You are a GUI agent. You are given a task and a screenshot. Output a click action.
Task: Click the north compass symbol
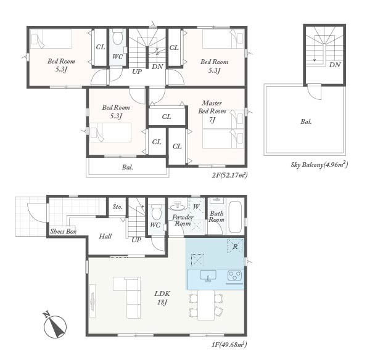(55, 325)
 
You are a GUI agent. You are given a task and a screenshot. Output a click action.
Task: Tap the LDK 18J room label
(162, 298)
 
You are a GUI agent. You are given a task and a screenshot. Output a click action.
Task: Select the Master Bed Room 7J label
(212, 112)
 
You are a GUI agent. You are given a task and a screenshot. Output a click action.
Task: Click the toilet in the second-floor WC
(118, 37)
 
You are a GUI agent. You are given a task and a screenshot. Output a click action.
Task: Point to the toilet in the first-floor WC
(157, 212)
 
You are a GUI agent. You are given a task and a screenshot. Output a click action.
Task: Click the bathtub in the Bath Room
(235, 217)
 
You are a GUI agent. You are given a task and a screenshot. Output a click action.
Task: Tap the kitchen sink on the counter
(208, 276)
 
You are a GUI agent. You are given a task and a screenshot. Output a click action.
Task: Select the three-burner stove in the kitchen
(235, 276)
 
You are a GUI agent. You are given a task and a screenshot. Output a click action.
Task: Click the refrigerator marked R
(236, 246)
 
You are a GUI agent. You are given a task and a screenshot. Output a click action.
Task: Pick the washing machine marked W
(196, 207)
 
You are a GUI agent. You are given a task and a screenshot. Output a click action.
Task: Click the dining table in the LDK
(206, 305)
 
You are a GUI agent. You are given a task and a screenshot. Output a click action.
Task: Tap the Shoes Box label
(63, 231)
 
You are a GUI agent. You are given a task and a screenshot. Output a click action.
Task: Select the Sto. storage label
(117, 207)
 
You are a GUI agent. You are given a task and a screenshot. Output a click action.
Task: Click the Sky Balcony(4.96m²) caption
(320, 165)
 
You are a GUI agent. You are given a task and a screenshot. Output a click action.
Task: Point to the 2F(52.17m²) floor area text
(229, 175)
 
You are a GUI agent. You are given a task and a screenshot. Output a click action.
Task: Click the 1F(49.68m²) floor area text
(229, 345)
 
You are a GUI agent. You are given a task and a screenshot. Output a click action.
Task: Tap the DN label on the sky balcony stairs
(335, 65)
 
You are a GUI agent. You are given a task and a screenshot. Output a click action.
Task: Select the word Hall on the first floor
(105, 236)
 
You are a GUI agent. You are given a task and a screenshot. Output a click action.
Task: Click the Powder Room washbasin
(178, 207)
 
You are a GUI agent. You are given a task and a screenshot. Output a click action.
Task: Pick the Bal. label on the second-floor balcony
(127, 167)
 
